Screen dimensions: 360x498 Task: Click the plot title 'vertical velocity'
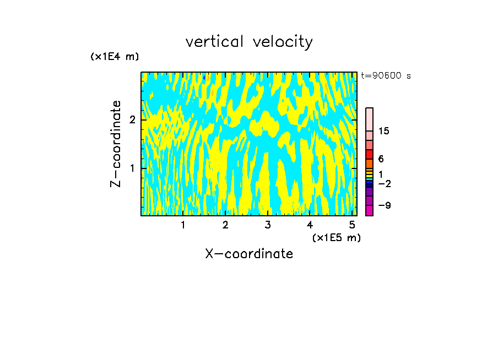click(249, 42)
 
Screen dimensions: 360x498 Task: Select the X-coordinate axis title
click(249, 254)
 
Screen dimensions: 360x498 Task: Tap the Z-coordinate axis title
click(116, 144)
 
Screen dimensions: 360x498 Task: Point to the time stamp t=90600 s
click(386, 76)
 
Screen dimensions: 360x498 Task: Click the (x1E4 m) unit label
click(115, 57)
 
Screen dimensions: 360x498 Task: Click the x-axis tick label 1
click(183, 225)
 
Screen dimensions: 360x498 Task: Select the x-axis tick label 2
click(225, 225)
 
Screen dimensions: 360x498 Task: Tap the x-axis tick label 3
click(268, 225)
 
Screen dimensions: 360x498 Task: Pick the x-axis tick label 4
click(310, 225)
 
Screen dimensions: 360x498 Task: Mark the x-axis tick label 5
click(352, 225)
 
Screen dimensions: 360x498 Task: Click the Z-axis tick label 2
click(132, 119)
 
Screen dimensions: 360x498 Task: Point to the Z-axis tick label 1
click(132, 167)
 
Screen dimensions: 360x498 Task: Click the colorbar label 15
click(384, 131)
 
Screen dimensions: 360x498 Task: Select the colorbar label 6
click(381, 159)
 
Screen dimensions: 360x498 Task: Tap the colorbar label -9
click(384, 205)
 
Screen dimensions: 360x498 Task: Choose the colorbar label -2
click(384, 183)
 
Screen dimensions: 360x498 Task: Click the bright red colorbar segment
click(370, 154)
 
